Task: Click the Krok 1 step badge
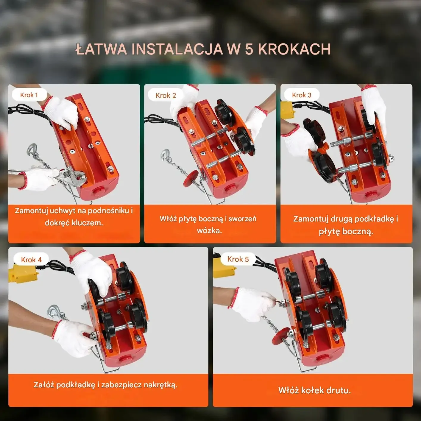[29, 95]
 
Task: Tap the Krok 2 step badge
[166, 95]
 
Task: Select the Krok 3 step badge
[302, 95]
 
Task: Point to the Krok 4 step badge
[31, 260]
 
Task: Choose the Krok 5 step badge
[238, 259]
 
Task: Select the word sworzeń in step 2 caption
[242, 219]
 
